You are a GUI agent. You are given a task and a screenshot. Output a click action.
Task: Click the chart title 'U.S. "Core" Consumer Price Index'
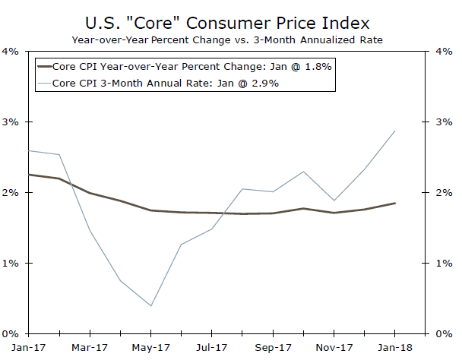(x=230, y=19)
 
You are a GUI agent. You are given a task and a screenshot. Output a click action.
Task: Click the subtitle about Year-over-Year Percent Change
(x=230, y=38)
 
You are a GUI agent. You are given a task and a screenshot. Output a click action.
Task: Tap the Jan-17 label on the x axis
(x=28, y=347)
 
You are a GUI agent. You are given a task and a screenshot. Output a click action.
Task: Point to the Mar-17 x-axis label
(x=90, y=347)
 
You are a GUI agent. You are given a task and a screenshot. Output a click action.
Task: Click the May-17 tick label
(x=150, y=347)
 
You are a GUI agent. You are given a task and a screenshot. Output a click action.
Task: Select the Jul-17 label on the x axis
(x=212, y=347)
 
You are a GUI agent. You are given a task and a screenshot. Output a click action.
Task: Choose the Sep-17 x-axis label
(x=273, y=347)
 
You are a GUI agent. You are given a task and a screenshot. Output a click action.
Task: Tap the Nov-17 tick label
(x=334, y=347)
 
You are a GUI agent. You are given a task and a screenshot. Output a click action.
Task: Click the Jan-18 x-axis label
(x=395, y=347)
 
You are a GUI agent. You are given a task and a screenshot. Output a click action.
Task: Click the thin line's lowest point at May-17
(x=150, y=306)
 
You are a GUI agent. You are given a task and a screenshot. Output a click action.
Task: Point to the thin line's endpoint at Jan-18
(x=395, y=131)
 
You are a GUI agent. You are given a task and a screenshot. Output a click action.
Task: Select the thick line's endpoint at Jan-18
(x=395, y=203)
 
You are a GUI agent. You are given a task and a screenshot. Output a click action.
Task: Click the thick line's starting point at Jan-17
(x=28, y=175)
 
